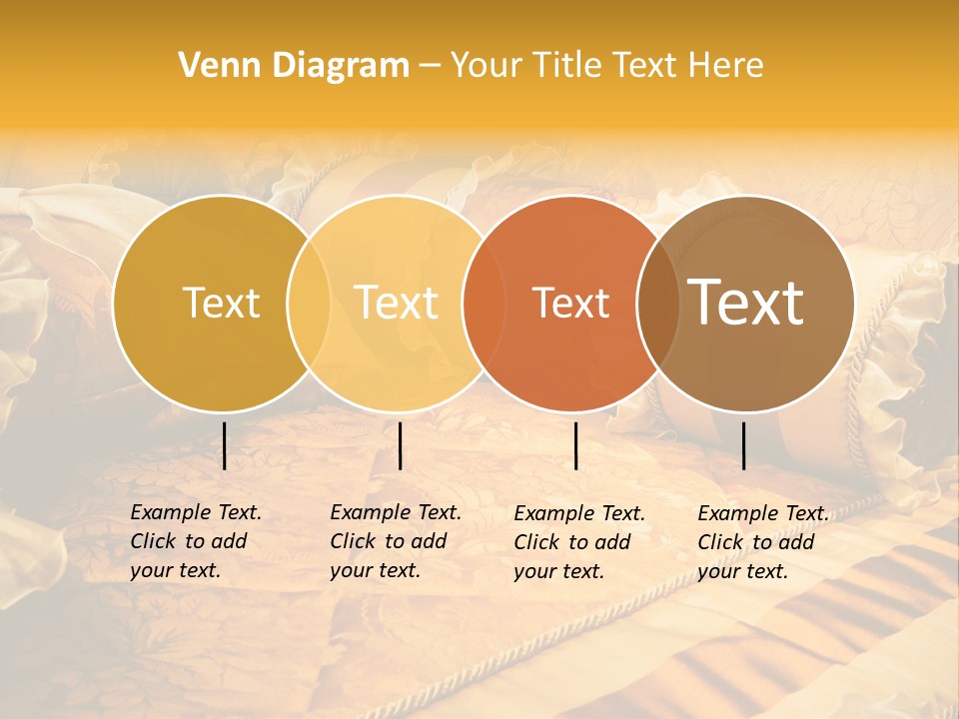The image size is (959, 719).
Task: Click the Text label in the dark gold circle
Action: [221, 303]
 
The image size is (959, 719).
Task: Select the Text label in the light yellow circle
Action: [396, 303]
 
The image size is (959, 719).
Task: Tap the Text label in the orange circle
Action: [570, 304]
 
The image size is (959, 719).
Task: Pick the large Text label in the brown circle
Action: [746, 303]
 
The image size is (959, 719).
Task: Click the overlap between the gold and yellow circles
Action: [309, 304]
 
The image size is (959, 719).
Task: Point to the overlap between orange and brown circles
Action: [656, 304]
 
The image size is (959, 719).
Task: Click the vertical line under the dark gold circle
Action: [225, 445]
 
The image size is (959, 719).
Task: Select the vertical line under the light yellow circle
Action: [400, 445]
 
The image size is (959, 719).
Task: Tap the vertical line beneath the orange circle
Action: [576, 445]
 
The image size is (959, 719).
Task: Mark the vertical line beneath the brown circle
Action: [744, 445]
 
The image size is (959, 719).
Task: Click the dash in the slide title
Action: [430, 67]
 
